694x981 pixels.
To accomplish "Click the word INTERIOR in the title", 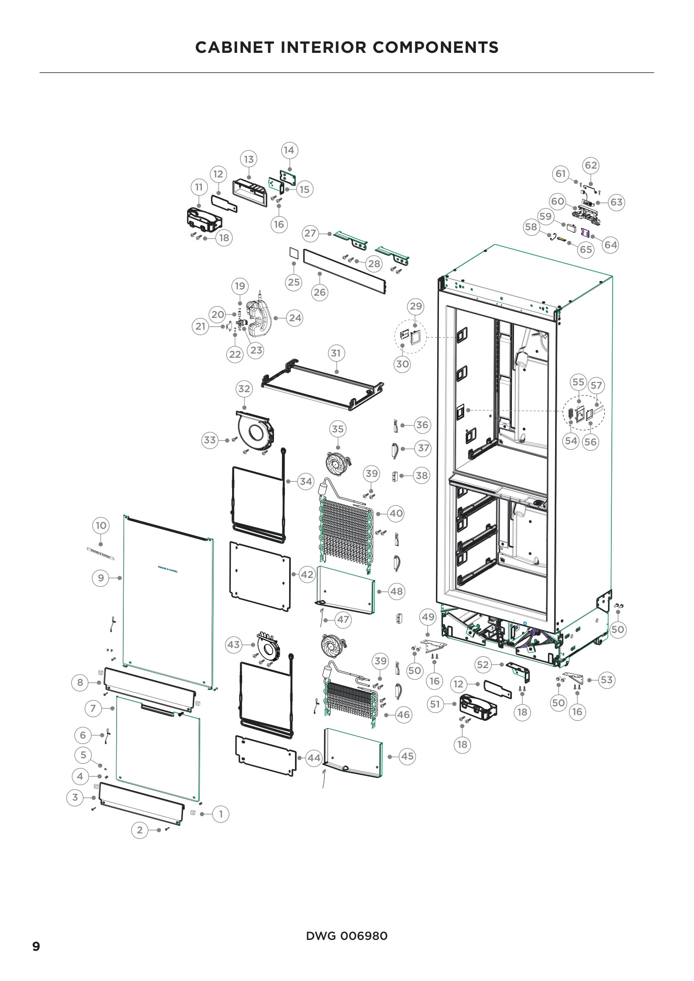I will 326,47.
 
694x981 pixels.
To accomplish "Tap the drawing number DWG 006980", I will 347,936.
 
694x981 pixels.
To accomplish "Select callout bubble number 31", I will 337,353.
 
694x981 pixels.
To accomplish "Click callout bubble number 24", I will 295,318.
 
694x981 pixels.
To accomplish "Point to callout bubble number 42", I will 307,574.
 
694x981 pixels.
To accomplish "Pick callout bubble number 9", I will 100,578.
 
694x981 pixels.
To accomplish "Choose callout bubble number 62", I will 591,165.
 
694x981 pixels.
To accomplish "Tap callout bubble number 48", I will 396,591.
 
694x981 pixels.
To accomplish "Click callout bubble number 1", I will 221,814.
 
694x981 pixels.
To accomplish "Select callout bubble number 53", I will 606,680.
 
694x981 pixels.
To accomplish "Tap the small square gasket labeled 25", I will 294,252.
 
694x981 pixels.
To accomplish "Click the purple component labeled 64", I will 585,233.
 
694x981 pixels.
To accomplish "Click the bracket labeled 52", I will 519,671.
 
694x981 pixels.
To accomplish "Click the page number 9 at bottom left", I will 37,946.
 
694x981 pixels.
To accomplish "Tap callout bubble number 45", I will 407,756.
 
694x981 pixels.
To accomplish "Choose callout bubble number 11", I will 199,187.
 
